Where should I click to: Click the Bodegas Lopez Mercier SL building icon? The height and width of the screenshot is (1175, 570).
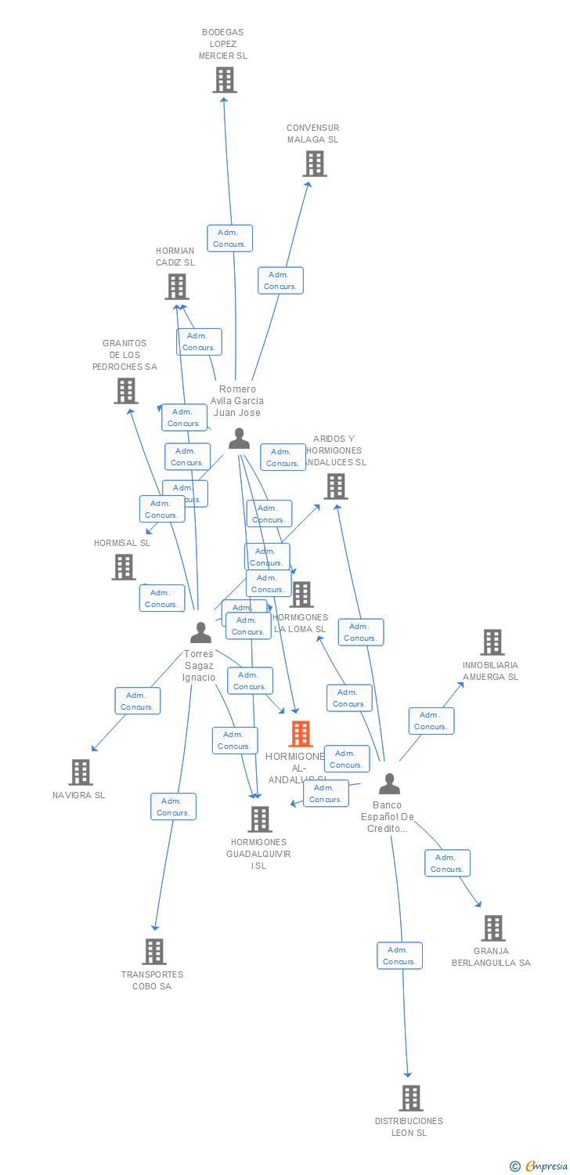(225, 80)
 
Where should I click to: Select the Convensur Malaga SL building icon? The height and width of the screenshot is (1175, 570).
(315, 164)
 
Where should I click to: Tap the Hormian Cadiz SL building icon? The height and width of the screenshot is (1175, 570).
(177, 287)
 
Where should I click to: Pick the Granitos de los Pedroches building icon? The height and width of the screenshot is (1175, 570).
(126, 390)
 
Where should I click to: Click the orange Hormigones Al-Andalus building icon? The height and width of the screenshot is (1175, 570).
(301, 734)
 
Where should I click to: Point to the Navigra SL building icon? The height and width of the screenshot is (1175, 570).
(81, 772)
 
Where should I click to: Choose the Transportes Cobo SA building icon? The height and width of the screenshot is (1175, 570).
(154, 951)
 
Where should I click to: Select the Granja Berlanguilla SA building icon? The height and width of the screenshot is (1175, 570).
(493, 928)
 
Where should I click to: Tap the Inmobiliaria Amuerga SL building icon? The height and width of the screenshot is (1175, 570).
(492, 642)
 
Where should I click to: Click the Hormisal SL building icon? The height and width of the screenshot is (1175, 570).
(124, 566)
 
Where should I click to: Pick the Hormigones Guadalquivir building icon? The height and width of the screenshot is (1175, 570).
(260, 819)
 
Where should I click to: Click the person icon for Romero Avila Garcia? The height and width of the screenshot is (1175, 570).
(239, 439)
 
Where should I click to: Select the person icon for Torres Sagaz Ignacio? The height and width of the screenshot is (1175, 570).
(201, 632)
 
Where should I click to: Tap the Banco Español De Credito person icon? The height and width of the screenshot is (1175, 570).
(389, 783)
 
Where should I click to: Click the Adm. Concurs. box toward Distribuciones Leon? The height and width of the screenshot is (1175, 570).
(399, 956)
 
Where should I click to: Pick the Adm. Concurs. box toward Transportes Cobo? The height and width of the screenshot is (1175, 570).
(173, 807)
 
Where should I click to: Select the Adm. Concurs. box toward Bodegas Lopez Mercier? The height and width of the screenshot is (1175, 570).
(229, 238)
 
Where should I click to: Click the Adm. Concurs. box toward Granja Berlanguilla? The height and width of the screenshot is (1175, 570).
(447, 863)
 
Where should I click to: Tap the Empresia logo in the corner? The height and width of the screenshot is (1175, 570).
(540, 1166)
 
